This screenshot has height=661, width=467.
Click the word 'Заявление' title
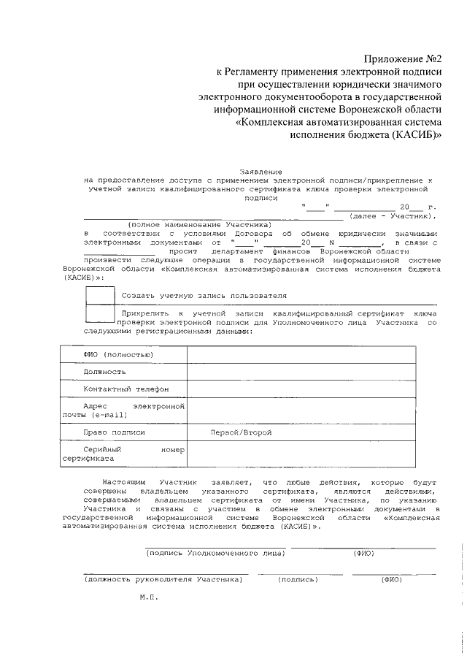[258, 170]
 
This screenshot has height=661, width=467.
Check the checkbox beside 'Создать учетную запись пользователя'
[100, 295]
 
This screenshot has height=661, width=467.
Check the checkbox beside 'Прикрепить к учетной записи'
[100, 313]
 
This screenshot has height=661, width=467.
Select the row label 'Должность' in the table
[104, 372]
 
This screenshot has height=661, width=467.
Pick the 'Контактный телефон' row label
[126, 389]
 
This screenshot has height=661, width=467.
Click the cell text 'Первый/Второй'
[241, 432]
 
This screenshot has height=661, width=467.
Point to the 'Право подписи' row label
[114, 432]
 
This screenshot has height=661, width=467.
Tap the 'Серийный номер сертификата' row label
[124, 455]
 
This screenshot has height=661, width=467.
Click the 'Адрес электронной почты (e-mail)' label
[124, 410]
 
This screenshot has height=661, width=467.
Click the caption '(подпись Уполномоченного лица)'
[215, 553]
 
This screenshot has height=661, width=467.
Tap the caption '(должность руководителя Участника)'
[163, 579]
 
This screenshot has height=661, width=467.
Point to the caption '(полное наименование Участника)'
[199, 223]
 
